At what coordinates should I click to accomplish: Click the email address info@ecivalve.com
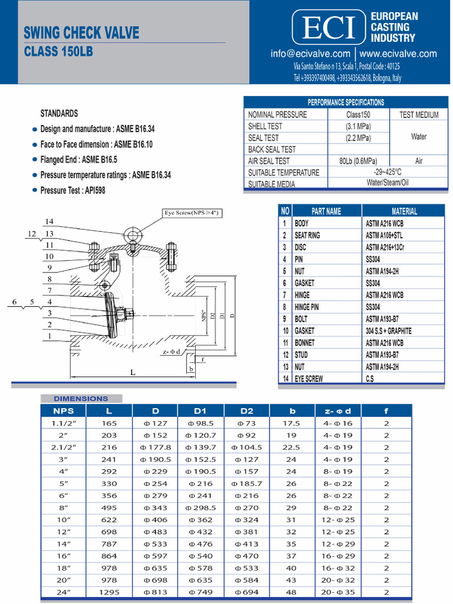310,54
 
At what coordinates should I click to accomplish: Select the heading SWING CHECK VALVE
81,32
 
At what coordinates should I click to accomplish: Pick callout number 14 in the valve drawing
50,222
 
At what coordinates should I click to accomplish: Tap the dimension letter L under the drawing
133,372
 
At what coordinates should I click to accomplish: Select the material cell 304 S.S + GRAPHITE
388,331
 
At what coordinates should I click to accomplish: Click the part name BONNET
304,343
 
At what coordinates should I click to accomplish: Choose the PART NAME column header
326,211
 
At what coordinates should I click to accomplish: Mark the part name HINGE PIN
308,307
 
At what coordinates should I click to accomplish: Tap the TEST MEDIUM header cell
419,115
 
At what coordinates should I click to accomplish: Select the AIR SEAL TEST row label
269,161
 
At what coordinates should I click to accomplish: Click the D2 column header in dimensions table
247,411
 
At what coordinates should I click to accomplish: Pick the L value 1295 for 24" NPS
109,592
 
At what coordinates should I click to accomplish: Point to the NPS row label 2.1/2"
64,447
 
